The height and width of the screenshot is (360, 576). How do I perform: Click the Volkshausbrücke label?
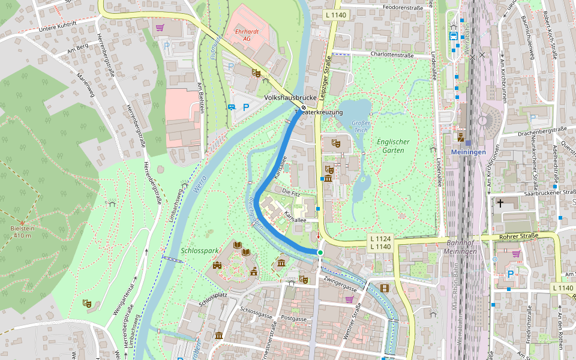291,97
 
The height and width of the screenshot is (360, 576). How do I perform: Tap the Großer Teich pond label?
362,127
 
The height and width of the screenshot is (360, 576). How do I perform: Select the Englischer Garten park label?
393,146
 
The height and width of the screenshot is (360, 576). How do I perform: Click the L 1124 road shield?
381,238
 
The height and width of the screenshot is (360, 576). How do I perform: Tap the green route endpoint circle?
320,253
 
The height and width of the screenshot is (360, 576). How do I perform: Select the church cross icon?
500,203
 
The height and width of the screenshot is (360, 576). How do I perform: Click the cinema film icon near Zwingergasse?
384,289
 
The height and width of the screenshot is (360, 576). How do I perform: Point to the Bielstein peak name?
20,228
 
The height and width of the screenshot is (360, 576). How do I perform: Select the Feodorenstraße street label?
403,8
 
